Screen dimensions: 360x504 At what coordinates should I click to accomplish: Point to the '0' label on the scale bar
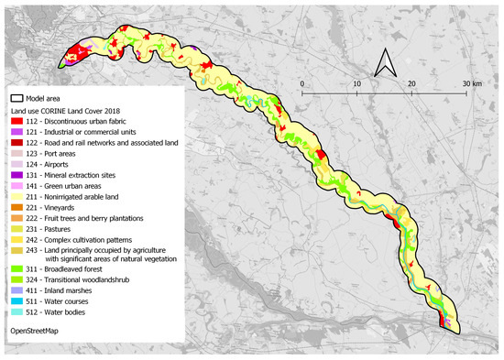(x=302, y=84)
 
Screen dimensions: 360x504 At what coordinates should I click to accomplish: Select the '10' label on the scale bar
(x=357, y=84)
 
